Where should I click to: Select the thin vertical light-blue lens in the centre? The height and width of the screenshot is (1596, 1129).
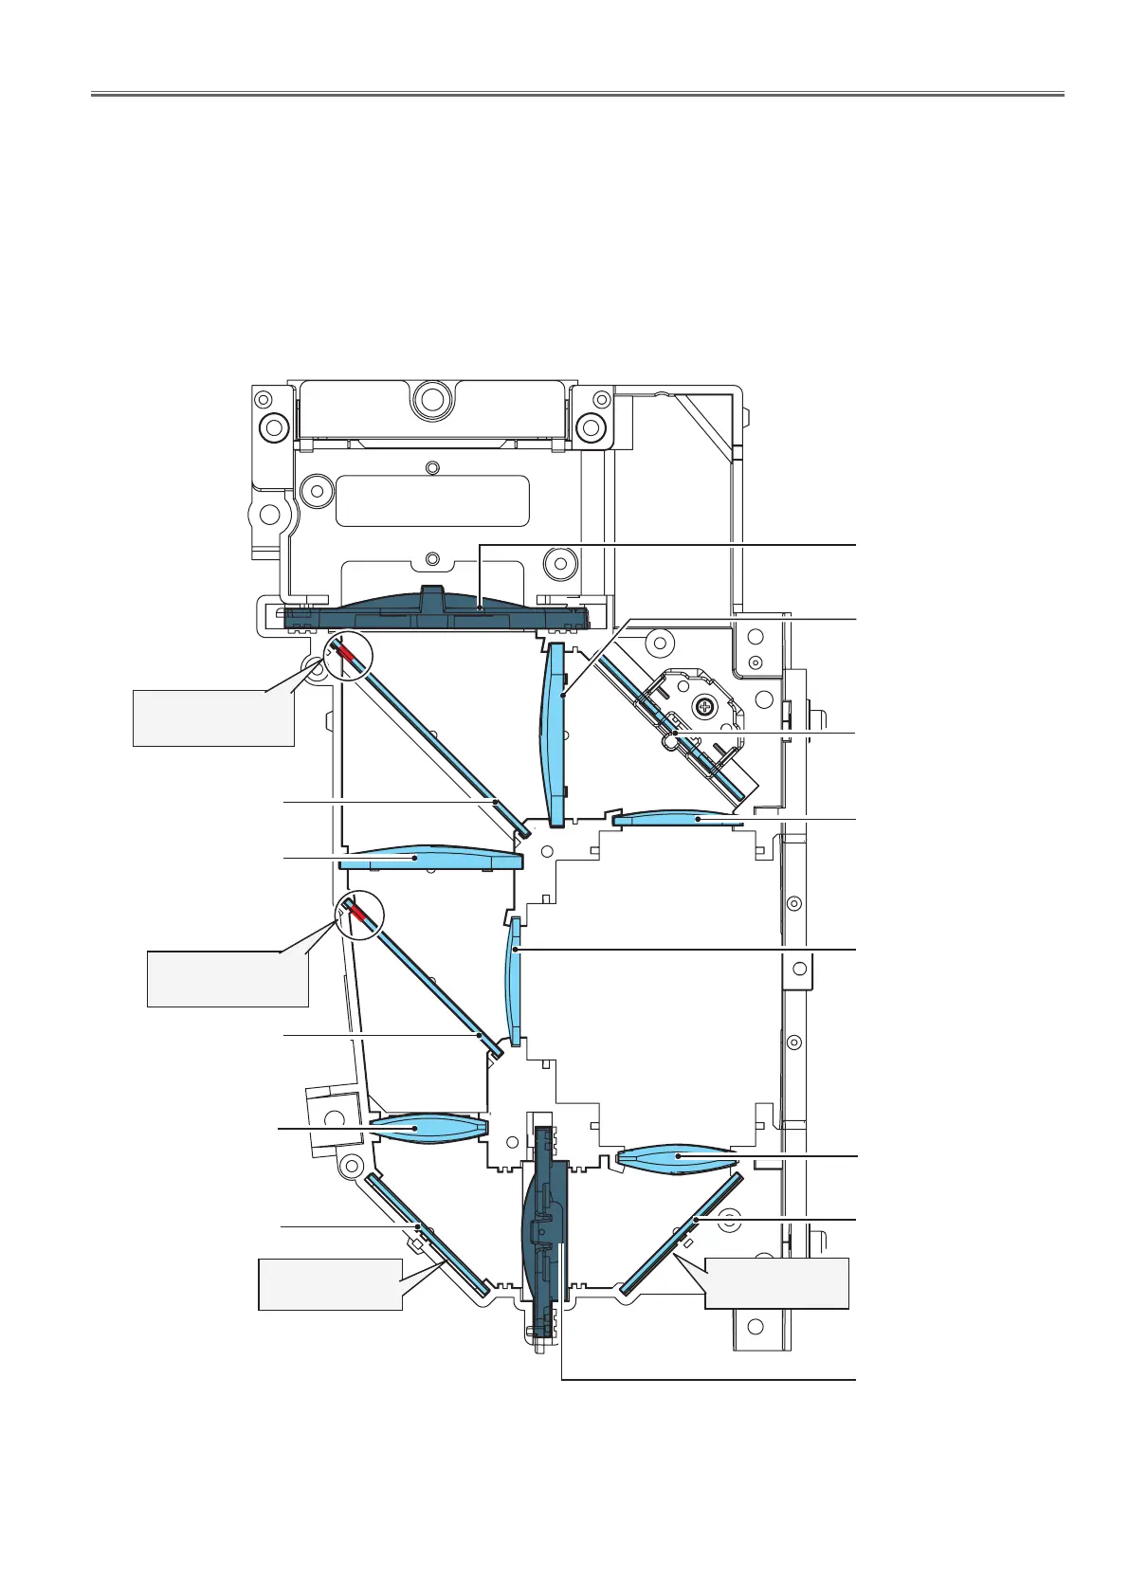[515, 981]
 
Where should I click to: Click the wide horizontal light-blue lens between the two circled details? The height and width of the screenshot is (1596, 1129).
[431, 859]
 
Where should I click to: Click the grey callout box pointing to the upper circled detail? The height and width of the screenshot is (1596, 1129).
[213, 718]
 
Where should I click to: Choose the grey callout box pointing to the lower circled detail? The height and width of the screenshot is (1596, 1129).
[228, 979]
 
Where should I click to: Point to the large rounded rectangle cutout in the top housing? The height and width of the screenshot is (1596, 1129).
[432, 500]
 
